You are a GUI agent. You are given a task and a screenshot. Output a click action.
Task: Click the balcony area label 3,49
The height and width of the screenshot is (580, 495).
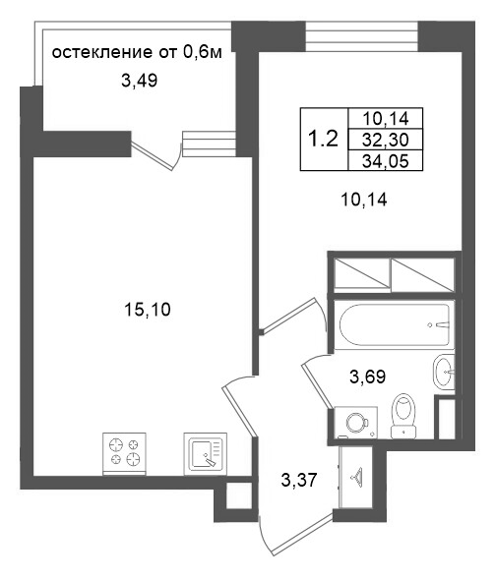(139, 81)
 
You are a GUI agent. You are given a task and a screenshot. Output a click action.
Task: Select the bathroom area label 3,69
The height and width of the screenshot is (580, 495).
(368, 377)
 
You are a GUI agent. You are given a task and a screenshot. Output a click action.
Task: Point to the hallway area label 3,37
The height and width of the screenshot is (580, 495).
(299, 481)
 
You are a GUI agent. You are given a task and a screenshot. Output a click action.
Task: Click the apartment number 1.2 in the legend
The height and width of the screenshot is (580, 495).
(323, 140)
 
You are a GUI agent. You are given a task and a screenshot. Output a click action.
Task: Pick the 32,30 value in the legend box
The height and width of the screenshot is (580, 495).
(386, 140)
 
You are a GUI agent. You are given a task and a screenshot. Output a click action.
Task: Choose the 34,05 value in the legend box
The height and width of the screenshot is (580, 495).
(386, 161)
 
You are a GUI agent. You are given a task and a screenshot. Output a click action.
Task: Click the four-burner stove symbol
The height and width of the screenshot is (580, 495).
(124, 454)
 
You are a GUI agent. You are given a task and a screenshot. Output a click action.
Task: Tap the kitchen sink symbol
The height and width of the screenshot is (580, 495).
(206, 454)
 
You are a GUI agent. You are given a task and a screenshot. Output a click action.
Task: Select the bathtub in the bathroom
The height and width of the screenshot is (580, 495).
(395, 325)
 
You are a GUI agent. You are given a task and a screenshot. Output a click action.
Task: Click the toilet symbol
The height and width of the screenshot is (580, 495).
(403, 416)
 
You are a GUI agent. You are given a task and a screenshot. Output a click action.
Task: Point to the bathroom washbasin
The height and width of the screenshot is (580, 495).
(444, 372)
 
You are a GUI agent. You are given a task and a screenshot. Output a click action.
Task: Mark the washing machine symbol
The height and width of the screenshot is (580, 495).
(356, 423)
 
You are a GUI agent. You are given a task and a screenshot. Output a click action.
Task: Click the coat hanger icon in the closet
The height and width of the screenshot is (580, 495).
(357, 475)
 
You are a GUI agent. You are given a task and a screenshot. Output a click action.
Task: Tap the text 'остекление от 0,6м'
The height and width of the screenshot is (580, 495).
(137, 52)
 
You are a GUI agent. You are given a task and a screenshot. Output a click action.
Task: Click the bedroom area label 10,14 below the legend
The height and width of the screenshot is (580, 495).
(364, 201)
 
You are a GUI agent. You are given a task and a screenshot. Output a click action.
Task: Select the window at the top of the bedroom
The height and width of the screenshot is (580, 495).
(362, 35)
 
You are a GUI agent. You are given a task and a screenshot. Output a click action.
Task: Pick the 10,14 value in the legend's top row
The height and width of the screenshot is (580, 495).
(386, 119)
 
